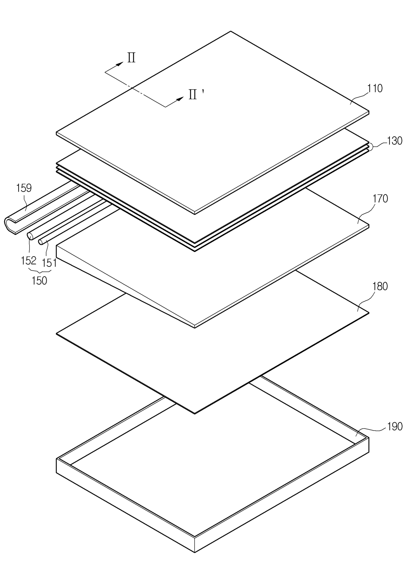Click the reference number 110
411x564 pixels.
(x=375, y=88)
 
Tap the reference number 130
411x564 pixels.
(x=394, y=141)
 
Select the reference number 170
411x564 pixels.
(x=380, y=199)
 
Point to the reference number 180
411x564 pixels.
(x=380, y=286)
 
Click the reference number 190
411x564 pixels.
(x=394, y=426)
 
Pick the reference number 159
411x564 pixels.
(x=24, y=188)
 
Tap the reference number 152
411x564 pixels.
(x=29, y=261)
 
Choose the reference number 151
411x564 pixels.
(x=49, y=263)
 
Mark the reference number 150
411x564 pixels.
(x=39, y=281)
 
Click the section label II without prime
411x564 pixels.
(x=131, y=58)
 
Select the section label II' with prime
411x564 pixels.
(x=196, y=95)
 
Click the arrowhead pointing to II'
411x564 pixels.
(x=180, y=99)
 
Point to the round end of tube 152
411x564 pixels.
(x=29, y=236)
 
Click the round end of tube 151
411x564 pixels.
(x=41, y=242)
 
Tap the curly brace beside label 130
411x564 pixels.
(x=374, y=146)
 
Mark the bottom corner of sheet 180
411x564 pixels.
(x=195, y=413)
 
